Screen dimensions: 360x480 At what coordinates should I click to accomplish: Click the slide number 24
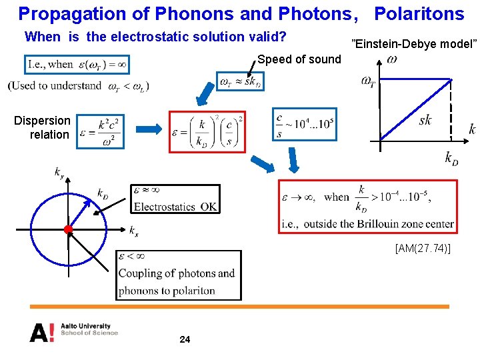pyautogui.click(x=185, y=340)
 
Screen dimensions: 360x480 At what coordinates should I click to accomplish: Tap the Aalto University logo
pyautogui.click(x=73, y=331)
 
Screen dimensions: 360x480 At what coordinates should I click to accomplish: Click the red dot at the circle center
pyautogui.click(x=67, y=229)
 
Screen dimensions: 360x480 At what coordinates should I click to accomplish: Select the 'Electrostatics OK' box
pyautogui.click(x=175, y=199)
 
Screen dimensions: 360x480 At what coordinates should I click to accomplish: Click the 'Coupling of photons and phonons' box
pyautogui.click(x=177, y=274)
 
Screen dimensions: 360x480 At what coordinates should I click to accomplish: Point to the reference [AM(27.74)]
pyautogui.click(x=423, y=249)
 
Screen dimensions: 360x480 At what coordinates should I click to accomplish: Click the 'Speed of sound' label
pyautogui.click(x=299, y=59)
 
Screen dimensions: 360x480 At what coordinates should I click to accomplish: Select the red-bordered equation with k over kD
pyautogui.click(x=207, y=131)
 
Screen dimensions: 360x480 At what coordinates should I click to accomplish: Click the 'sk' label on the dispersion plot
pyautogui.click(x=425, y=120)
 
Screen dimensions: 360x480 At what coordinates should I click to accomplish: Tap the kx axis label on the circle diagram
pyautogui.click(x=134, y=231)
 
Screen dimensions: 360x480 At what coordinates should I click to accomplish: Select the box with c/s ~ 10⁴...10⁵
pyautogui.click(x=304, y=125)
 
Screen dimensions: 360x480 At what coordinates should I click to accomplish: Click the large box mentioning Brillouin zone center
pyautogui.click(x=367, y=206)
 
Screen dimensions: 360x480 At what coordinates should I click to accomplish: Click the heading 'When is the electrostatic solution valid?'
pyautogui.click(x=155, y=37)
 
